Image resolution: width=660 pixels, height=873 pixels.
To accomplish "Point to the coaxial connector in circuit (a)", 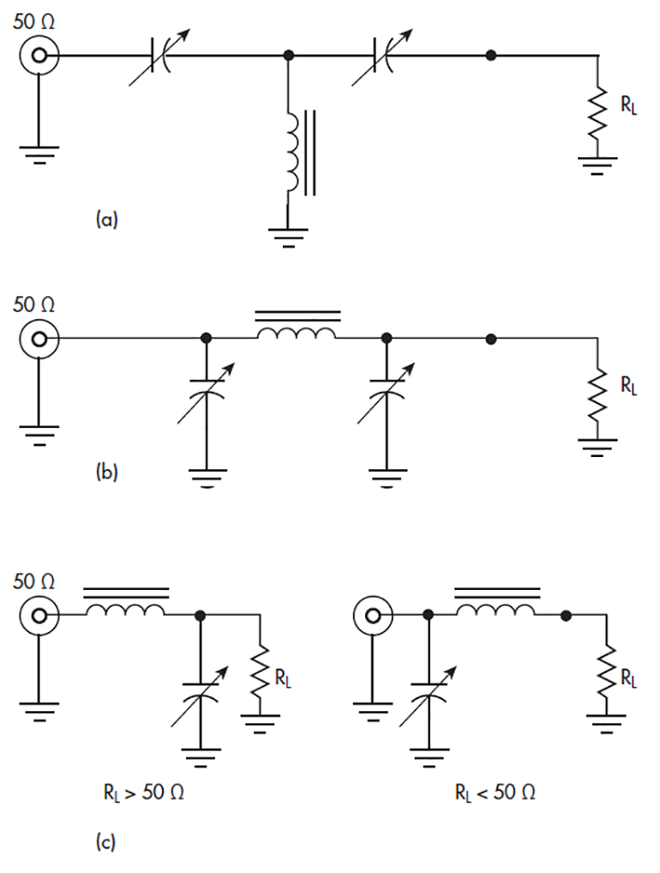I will (39, 57).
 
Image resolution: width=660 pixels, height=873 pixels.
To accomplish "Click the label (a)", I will (105, 220).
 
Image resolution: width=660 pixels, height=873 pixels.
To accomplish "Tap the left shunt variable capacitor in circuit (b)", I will (206, 395).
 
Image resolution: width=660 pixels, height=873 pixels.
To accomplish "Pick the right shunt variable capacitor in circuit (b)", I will (387, 395).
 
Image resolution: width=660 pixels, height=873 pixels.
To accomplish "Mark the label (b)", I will (105, 471).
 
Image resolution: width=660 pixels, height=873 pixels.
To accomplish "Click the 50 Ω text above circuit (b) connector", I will (34, 304).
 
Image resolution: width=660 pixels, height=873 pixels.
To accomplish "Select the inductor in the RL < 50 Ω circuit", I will (496, 609).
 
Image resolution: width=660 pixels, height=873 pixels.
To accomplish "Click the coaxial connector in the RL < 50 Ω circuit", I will (374, 615).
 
